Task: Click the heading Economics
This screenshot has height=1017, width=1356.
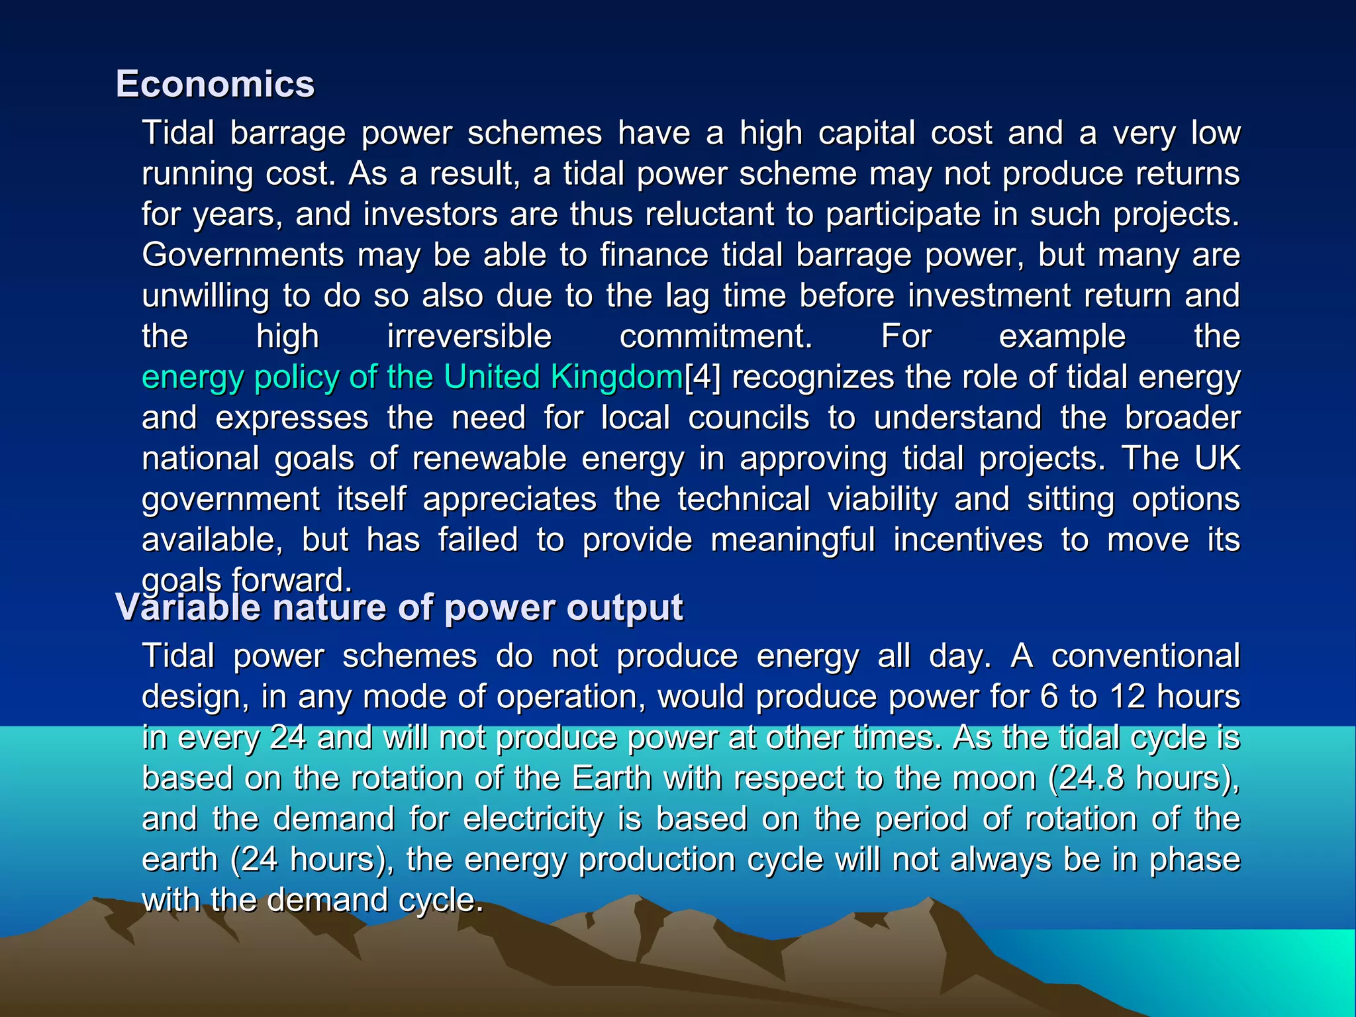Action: pyautogui.click(x=215, y=84)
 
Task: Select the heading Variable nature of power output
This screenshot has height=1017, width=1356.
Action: pyautogui.click(x=399, y=607)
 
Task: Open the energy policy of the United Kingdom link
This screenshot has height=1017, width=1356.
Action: pyautogui.click(x=412, y=377)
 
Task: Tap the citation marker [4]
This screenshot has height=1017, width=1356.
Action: pyautogui.click(x=702, y=377)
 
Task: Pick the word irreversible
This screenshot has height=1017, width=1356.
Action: pyautogui.click(x=469, y=336)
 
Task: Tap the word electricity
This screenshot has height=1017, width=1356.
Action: pyautogui.click(x=533, y=819)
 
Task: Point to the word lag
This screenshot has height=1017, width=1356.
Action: pyautogui.click(x=687, y=296)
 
